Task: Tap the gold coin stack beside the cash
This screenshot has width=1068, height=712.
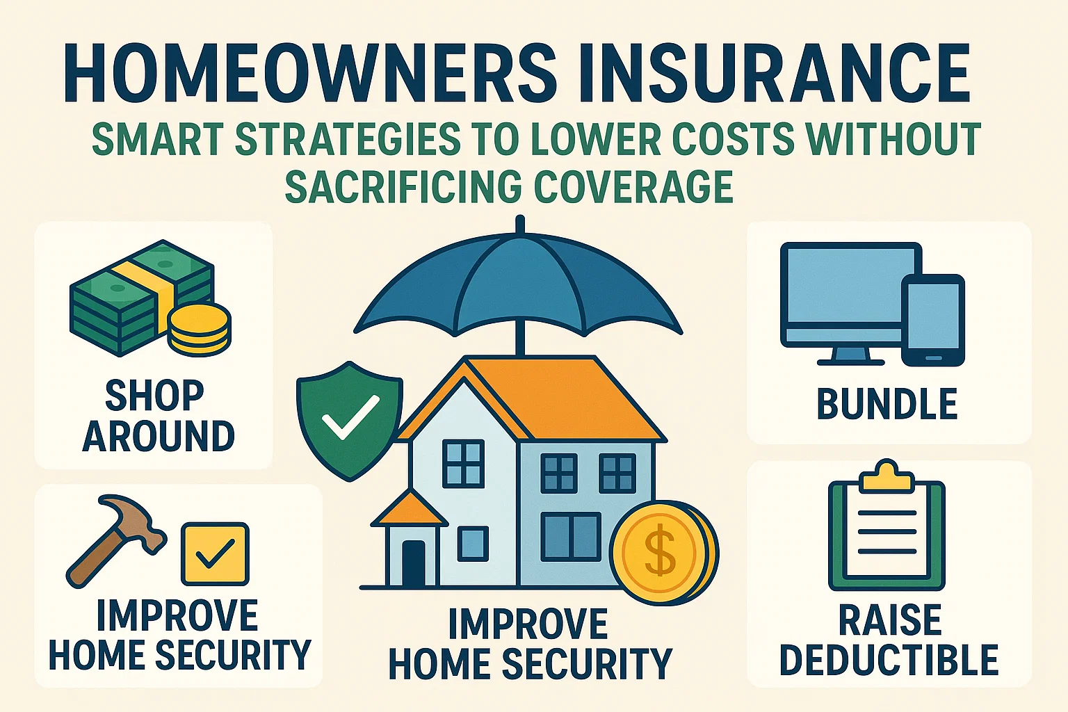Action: click(x=200, y=328)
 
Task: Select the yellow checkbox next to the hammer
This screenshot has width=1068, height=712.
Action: click(x=214, y=553)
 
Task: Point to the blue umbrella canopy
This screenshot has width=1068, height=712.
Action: click(x=518, y=285)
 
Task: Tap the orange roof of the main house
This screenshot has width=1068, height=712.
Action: click(x=556, y=400)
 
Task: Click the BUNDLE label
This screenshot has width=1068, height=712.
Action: click(x=887, y=405)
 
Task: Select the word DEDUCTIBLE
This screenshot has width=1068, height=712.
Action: click(x=889, y=661)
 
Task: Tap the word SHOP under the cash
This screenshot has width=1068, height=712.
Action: click(x=154, y=396)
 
